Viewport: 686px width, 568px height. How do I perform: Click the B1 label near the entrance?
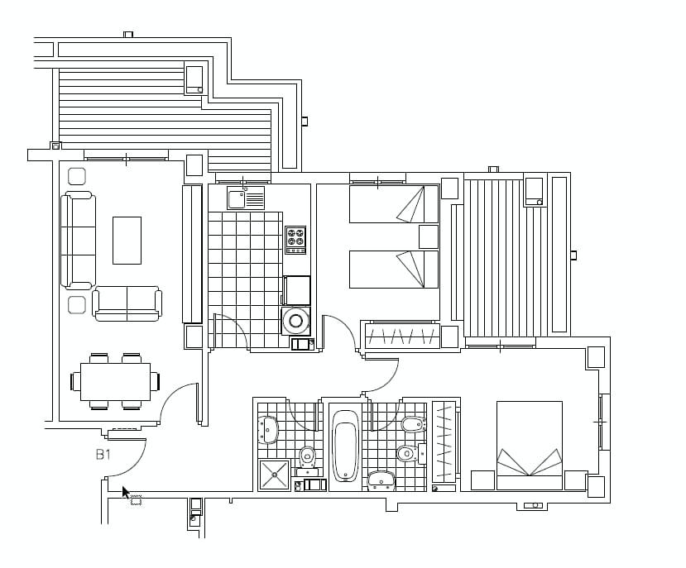(x=103, y=454)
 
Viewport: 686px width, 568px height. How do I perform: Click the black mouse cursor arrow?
(x=126, y=493)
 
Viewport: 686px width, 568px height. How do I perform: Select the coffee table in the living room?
(x=127, y=240)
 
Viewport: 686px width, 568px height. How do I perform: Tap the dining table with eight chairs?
(x=115, y=381)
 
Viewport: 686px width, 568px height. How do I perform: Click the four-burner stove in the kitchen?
(x=295, y=240)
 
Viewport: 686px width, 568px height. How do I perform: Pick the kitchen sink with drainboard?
(x=247, y=198)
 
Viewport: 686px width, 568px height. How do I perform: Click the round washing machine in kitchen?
(x=295, y=320)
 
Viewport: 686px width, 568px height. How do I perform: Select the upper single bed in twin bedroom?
(x=393, y=204)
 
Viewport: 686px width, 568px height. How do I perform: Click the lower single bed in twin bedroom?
(x=393, y=270)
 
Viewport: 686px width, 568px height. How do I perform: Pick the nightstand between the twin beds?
(x=428, y=236)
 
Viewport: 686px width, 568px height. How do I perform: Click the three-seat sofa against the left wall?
(x=78, y=240)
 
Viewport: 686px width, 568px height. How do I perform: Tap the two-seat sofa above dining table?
(x=127, y=303)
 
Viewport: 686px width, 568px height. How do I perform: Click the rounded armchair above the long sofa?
(x=76, y=175)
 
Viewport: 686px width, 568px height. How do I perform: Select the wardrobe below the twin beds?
(x=401, y=336)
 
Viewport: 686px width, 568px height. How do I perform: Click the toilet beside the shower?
(x=307, y=455)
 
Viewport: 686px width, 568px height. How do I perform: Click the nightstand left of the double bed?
(x=482, y=480)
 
